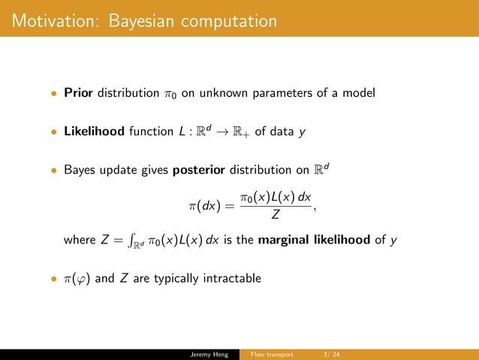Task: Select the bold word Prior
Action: (77, 93)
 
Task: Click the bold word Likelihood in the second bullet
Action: (94, 132)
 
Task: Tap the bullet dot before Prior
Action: (53, 94)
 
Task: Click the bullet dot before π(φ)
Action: (53, 279)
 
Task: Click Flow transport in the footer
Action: (271, 354)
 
